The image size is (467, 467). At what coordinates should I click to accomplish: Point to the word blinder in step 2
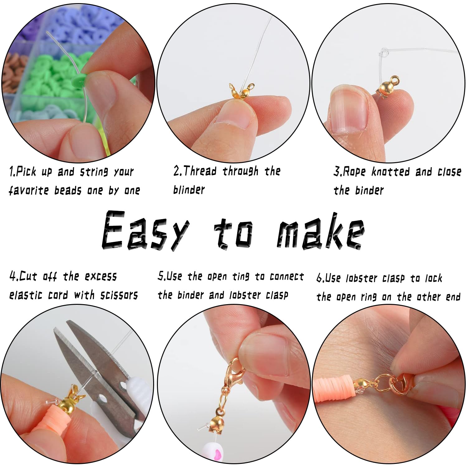pyautogui.click(x=189, y=190)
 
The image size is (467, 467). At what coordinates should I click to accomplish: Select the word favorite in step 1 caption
pyautogui.click(x=28, y=190)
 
